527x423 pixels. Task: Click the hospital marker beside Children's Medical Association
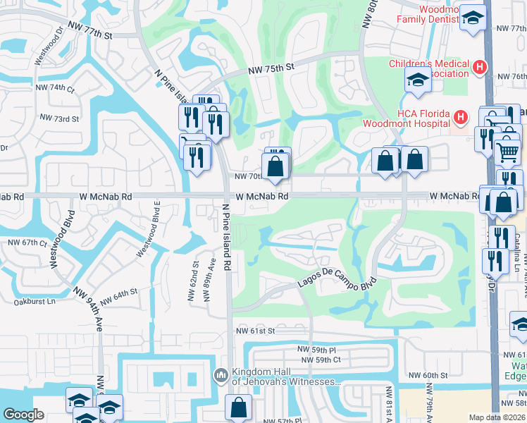click(479, 68)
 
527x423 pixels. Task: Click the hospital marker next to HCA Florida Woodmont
click(460, 116)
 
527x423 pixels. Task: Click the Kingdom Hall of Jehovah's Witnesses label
click(286, 377)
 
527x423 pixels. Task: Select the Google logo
click(23, 415)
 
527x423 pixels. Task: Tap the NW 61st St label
click(255, 330)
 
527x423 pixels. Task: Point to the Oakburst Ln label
click(35, 302)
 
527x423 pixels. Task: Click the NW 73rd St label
click(59, 118)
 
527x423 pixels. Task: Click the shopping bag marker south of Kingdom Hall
click(238, 407)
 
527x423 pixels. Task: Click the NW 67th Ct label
click(27, 243)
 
